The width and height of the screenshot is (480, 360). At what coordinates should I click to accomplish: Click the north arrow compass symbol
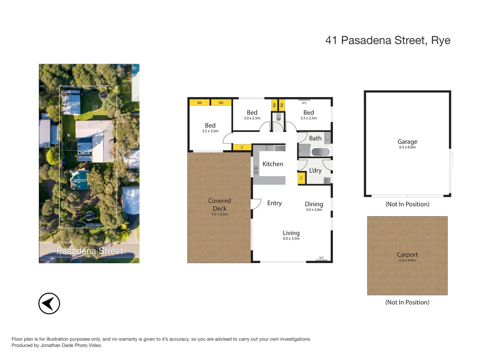49,303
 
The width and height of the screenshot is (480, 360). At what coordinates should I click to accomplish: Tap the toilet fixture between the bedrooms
278,117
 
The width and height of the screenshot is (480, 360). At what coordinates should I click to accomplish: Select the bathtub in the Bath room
321,152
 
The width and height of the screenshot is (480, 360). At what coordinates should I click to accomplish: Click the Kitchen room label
273,164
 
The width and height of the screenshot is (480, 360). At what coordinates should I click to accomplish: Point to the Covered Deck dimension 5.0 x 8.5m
220,214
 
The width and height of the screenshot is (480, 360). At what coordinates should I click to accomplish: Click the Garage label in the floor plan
407,142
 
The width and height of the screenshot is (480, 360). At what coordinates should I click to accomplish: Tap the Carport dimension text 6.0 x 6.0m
407,260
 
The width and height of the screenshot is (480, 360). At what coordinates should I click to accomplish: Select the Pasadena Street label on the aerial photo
89,251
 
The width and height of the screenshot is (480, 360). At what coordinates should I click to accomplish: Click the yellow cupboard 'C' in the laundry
301,178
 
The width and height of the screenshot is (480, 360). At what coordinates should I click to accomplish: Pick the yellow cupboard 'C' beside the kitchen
242,147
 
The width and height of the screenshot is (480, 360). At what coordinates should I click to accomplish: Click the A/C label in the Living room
321,258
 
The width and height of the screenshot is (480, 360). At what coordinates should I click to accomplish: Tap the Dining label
314,204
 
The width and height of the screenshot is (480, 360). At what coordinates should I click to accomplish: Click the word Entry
274,203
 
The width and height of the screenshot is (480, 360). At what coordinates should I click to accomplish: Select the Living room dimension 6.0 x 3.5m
291,239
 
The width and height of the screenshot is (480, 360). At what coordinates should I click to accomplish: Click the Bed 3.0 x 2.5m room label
252,113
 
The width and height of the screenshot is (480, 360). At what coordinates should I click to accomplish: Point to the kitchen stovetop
268,148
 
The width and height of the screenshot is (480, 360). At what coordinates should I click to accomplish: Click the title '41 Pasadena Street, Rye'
388,40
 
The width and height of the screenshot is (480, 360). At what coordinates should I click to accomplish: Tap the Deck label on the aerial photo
84,153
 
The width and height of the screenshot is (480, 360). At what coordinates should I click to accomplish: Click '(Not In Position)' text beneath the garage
407,204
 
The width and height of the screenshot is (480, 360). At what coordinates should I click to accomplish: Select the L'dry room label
315,170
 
